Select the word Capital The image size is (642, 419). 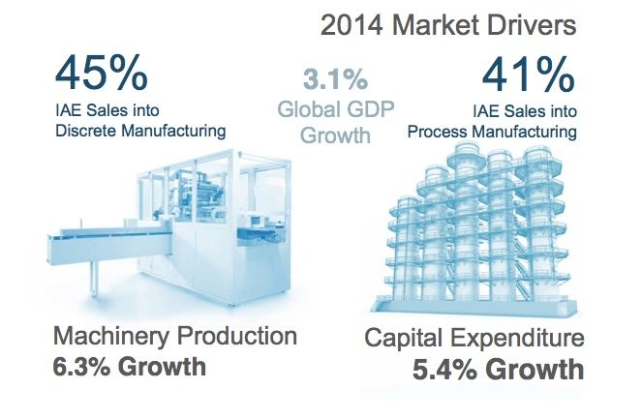pos(403,339)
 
